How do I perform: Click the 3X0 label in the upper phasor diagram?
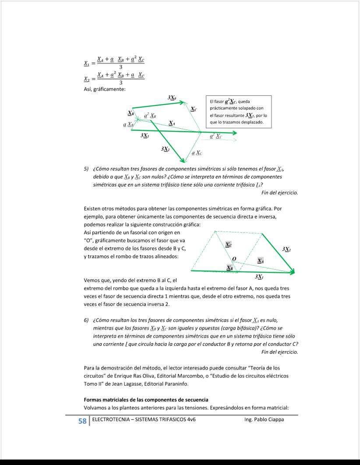coord(172,98)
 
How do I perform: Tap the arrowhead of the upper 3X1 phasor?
coord(235,133)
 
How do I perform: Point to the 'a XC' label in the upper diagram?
coord(197,153)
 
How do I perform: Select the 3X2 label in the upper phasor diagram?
coord(165,149)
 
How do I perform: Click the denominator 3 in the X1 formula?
coord(121,67)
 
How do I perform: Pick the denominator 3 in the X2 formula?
coord(121,82)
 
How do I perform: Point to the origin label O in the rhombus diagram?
coord(234,259)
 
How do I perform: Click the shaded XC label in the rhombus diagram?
coord(229,245)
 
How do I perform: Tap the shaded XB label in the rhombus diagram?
coord(229,268)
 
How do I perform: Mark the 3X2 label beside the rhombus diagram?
coord(287,249)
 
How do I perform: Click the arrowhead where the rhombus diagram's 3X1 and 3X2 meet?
coord(293,272)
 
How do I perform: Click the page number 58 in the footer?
coord(82,421)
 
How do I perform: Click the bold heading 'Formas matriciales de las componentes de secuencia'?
coord(146,400)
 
